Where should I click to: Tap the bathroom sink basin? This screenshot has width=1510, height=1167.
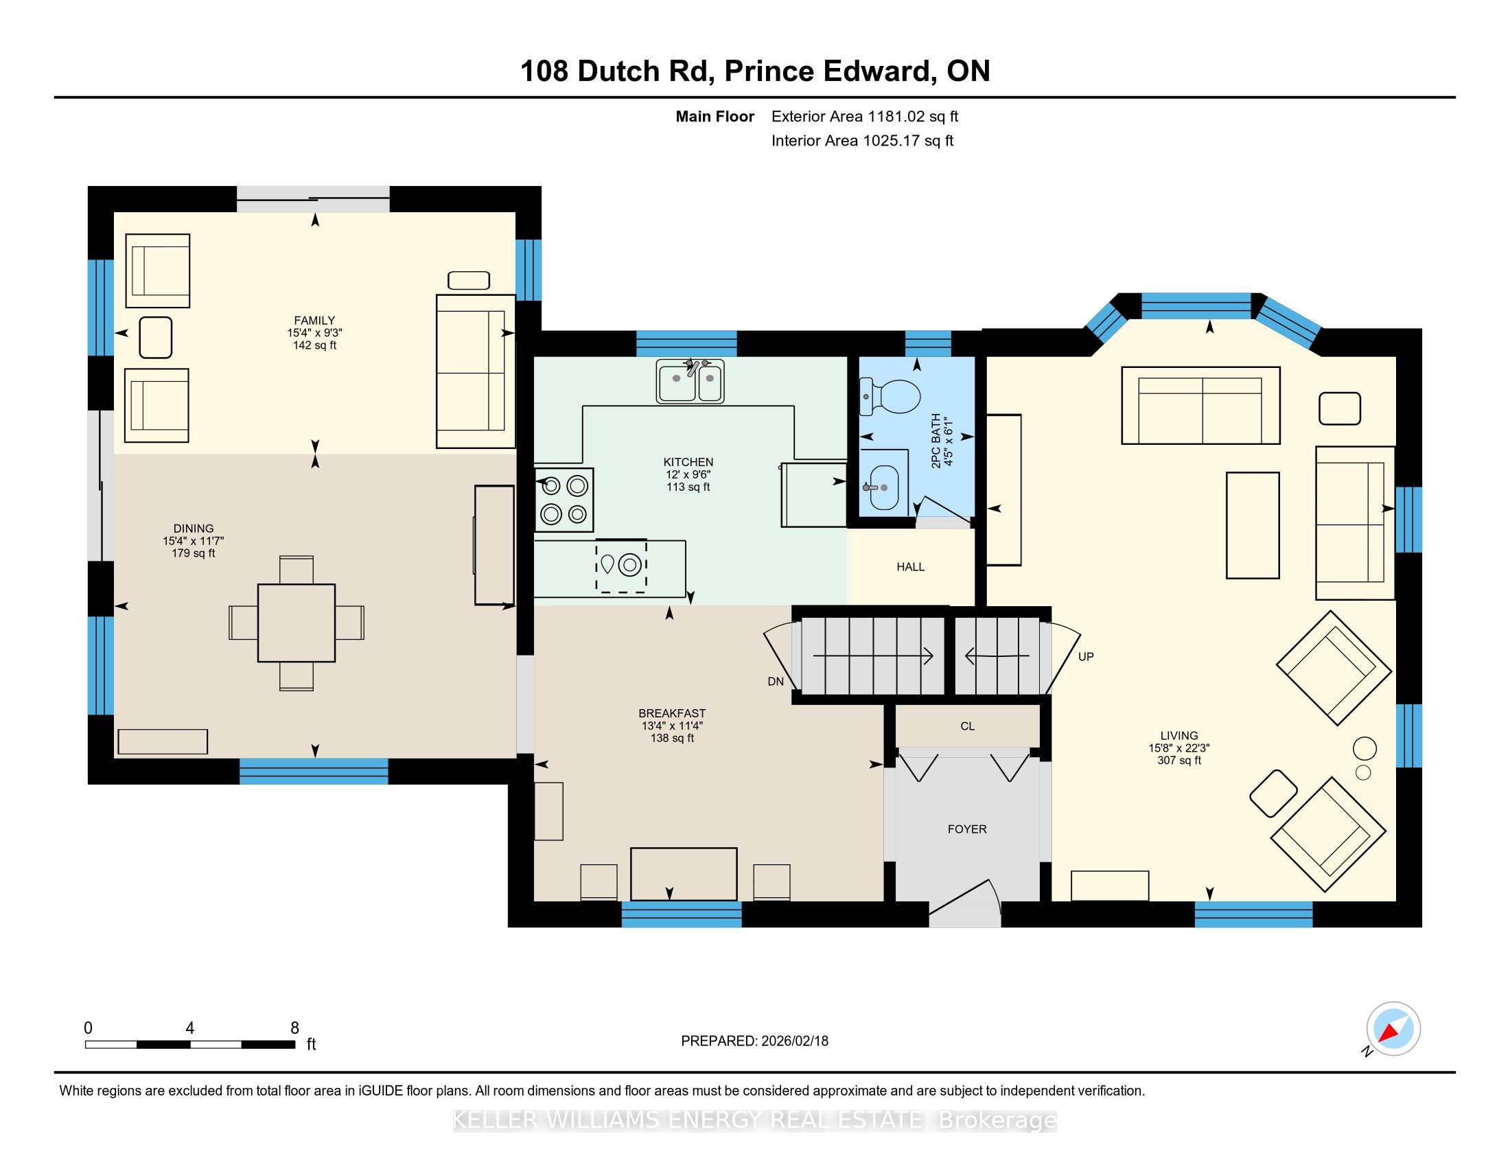coord(884,487)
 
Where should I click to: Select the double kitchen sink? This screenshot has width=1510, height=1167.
coord(690,381)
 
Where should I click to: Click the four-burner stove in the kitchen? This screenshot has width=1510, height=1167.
coord(564,500)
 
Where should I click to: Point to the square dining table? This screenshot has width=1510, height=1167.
coord(297,623)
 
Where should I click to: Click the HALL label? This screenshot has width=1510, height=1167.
coord(911,567)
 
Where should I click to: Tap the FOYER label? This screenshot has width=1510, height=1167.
coord(966,829)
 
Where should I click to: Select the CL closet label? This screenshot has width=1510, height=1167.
coord(967,726)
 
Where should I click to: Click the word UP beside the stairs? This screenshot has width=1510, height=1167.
coord(1086,657)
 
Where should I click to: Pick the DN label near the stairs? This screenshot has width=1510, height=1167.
coord(776,682)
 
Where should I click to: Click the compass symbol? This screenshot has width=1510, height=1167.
coord(1393,1029)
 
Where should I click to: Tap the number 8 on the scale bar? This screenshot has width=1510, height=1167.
coord(294,1028)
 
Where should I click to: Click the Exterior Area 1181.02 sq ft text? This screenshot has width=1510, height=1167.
coord(865,116)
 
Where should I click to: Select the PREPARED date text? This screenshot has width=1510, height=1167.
coord(754,1041)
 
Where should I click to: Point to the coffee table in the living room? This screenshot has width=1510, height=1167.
coord(1253,525)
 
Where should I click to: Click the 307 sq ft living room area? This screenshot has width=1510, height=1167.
coord(1178,761)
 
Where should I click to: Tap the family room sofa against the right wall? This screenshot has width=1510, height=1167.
coord(476,371)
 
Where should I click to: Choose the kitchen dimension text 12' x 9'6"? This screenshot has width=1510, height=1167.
coord(688,474)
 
